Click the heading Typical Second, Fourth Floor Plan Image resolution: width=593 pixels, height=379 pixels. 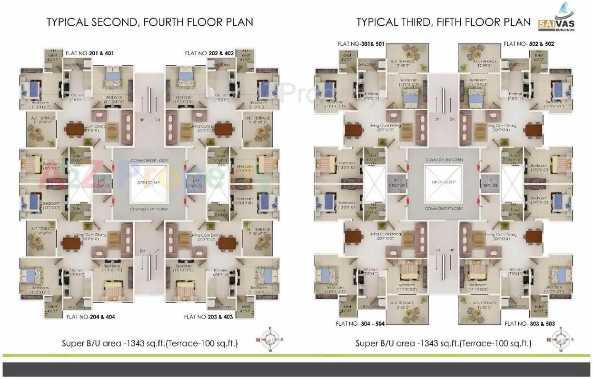(149, 22)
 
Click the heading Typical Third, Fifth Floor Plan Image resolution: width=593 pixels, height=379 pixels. (443, 22)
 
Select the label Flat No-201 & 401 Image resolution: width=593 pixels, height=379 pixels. (90, 53)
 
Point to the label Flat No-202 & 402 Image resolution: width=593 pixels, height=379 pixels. (209, 53)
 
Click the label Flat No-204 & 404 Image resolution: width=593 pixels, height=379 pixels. (90, 316)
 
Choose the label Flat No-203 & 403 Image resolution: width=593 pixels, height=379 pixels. (208, 316)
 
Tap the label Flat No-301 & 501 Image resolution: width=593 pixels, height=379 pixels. (361, 44)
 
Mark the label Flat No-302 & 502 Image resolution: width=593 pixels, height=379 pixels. (529, 44)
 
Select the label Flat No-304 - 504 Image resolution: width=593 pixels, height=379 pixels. (360, 324)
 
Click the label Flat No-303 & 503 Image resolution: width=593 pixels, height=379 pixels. (530, 324)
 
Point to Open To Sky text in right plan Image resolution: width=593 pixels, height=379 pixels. (444, 183)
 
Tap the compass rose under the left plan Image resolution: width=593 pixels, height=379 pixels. (270, 339)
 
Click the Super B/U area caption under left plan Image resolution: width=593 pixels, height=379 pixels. (150, 343)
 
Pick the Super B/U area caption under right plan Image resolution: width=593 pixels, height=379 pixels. (444, 343)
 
